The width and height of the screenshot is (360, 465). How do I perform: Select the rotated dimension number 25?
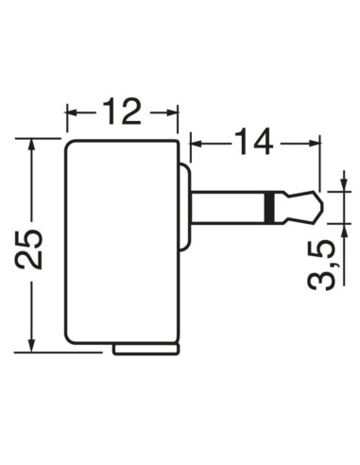pyautogui.click(x=32, y=248)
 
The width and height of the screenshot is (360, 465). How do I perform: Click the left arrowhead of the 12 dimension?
pyautogui.click(x=71, y=113)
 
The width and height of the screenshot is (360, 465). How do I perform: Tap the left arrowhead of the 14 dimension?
pyautogui.click(x=196, y=144)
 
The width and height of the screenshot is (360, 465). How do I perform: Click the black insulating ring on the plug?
pyautogui.click(x=271, y=207)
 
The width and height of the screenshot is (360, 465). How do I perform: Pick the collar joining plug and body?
pyautogui.click(x=183, y=207)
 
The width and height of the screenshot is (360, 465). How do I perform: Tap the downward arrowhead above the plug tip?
pyautogui.click(x=343, y=184)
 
